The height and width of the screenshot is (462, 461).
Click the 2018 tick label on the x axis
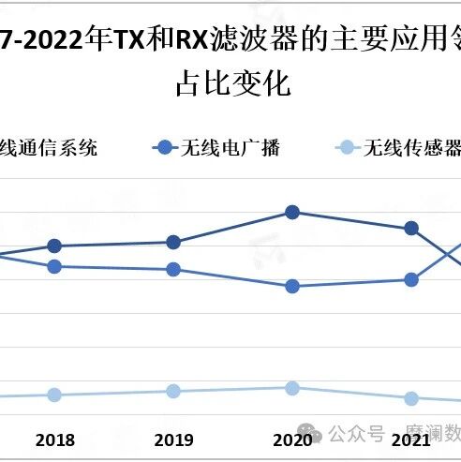coord(54,440)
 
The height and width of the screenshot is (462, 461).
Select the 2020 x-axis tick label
coord(291,440)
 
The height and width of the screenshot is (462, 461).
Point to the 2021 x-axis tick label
coord(409,439)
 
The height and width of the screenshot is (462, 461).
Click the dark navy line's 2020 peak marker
coord(291,213)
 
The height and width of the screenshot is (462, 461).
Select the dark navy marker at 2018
coord(54,246)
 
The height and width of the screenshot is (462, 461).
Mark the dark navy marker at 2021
coord(410,229)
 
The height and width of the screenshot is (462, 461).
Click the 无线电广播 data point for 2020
coord(291,286)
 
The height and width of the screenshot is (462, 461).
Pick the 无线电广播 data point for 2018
coord(54,266)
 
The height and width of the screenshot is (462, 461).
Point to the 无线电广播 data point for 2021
coord(410,279)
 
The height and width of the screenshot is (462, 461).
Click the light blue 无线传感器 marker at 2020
coord(291,388)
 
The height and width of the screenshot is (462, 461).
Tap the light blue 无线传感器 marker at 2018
coord(54,395)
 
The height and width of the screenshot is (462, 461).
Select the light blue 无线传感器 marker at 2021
coord(410,398)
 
